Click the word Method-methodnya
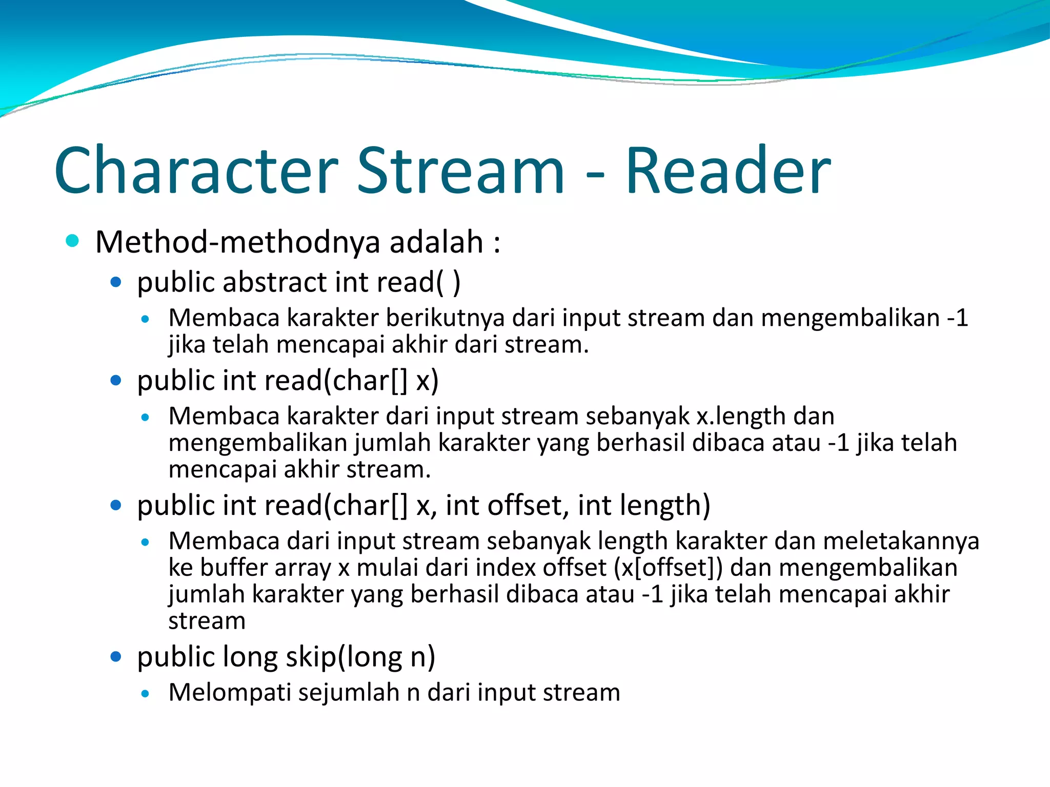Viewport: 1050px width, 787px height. pyautogui.click(x=238, y=242)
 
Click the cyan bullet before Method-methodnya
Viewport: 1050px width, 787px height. pyautogui.click(x=72, y=241)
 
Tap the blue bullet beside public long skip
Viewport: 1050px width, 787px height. pyautogui.click(x=116, y=656)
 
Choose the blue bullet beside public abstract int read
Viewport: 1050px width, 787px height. pyautogui.click(x=116, y=282)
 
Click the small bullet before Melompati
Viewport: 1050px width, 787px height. pyautogui.click(x=146, y=694)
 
